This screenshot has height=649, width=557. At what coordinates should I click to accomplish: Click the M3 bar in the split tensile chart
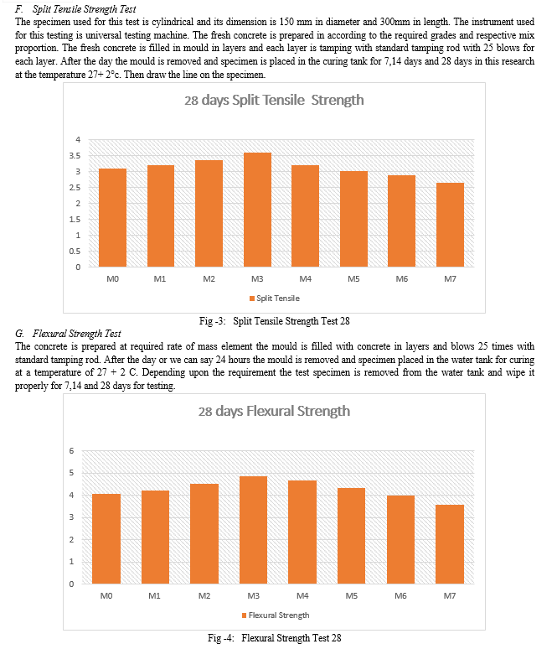[257, 210]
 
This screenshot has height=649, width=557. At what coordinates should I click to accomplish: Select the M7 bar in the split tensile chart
[450, 225]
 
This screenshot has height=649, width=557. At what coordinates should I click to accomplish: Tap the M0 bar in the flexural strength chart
[106, 538]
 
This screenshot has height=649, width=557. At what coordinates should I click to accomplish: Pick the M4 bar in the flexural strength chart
[302, 532]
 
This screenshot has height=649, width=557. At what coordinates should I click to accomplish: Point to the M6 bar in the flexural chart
[400, 539]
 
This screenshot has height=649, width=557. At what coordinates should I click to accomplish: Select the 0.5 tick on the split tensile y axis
[75, 252]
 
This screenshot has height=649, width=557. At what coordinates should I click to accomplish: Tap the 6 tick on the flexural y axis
[71, 451]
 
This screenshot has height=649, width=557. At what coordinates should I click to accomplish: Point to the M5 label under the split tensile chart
[353, 279]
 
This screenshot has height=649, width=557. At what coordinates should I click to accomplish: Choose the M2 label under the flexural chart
[204, 595]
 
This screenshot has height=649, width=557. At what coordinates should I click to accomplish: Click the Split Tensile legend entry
[274, 299]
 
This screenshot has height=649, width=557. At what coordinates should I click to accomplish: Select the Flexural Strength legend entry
[276, 615]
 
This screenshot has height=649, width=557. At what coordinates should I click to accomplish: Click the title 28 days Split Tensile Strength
[274, 100]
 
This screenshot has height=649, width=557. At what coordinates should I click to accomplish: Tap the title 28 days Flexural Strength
[274, 412]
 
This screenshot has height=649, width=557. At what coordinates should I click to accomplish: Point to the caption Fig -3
[213, 321]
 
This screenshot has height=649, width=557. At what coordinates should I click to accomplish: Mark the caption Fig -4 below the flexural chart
[221, 638]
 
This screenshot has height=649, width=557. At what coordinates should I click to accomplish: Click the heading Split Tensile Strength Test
[85, 9]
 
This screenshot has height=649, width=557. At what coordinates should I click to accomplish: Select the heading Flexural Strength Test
[77, 334]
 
